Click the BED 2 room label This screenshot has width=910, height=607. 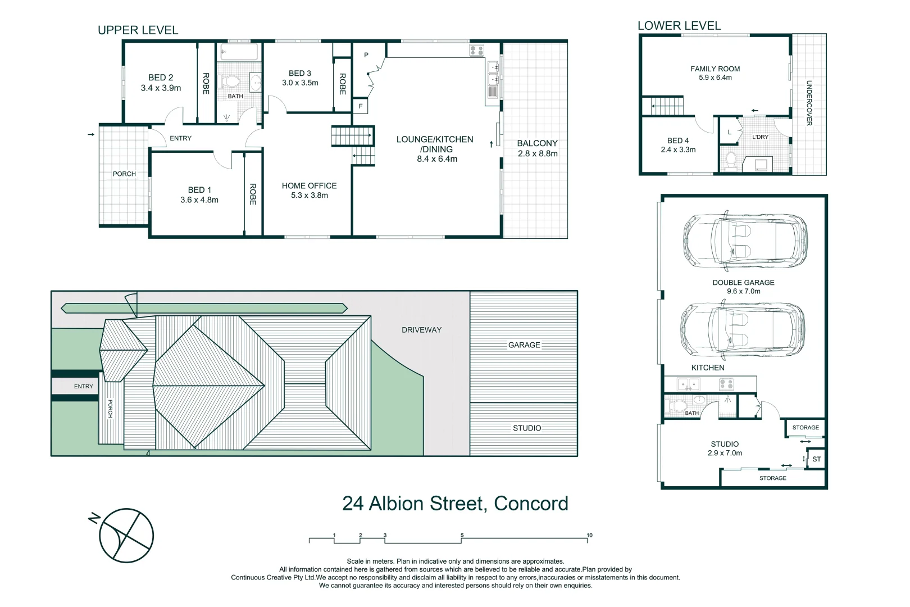[161, 83]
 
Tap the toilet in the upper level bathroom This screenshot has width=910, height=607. [229, 81]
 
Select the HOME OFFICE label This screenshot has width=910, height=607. [309, 190]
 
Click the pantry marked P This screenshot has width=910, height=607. [366, 55]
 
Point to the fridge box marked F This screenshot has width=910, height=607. [361, 106]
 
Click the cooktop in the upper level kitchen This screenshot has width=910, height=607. [476, 51]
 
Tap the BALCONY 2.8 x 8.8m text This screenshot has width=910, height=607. [537, 148]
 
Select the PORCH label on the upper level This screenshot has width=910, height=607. [124, 174]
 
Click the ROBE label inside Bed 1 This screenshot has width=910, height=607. [253, 194]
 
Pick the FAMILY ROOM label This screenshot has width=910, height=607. [715, 73]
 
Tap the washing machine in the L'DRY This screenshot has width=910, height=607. [761, 164]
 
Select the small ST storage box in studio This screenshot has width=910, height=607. [816, 459]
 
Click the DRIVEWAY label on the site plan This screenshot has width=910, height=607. [421, 330]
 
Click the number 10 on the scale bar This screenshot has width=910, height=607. [589, 535]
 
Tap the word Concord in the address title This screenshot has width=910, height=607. [530, 503]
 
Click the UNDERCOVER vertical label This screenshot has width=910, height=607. [809, 103]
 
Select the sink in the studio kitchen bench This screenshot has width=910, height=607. [688, 384]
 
